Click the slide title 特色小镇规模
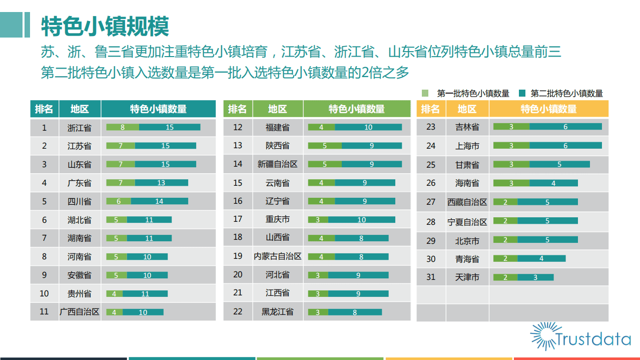click(105, 26)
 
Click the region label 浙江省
click(80, 128)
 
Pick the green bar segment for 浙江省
click(123, 127)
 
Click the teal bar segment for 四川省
click(159, 201)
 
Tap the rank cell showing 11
click(44, 311)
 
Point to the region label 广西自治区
click(80, 311)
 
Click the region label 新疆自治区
click(278, 164)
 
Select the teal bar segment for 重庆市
click(361, 220)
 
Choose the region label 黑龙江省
click(278, 311)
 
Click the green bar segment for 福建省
click(321, 127)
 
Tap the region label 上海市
click(467, 146)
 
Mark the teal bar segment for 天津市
click(535, 277)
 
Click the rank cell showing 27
click(431, 202)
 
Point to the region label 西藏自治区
click(467, 202)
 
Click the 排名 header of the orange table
click(431, 109)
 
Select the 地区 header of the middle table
click(278, 109)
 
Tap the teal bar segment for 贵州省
click(145, 293)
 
